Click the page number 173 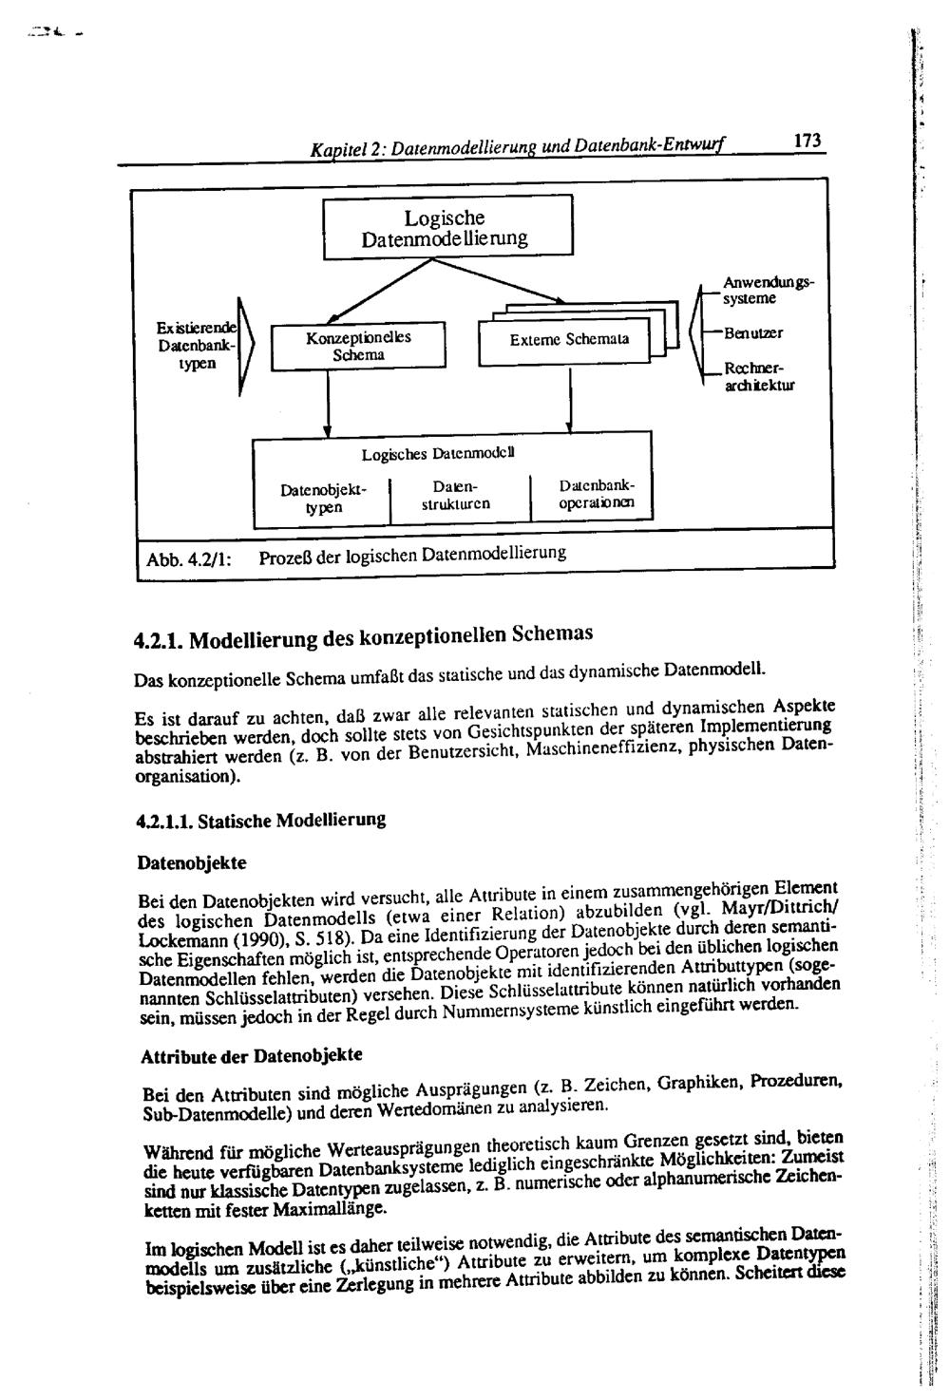(807, 141)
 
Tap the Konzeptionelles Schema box (358, 347)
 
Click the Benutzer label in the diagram (753, 334)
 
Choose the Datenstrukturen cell (458, 495)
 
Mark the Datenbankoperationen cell (596, 494)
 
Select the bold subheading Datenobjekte (192, 863)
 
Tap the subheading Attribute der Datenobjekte (251, 1056)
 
